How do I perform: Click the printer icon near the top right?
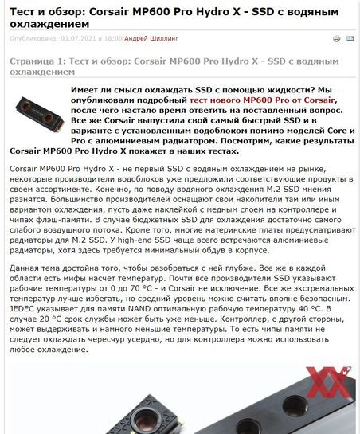(336, 38)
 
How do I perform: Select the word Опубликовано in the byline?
(33, 38)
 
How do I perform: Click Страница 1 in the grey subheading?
(33, 61)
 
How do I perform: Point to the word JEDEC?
(23, 307)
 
